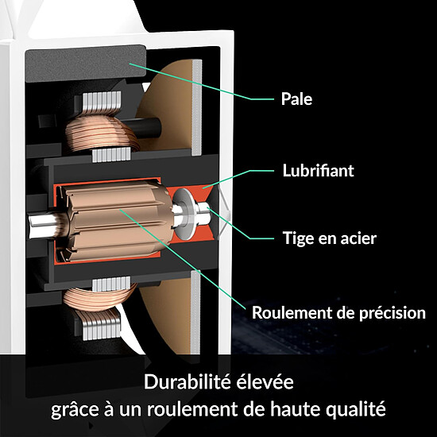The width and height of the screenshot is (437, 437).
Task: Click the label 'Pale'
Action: (x=296, y=99)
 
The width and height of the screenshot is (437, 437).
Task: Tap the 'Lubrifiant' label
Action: (x=318, y=170)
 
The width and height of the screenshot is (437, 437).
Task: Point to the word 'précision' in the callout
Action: (x=393, y=313)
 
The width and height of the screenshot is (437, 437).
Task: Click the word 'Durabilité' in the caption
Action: (x=187, y=381)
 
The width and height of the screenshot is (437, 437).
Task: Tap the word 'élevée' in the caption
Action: (x=265, y=381)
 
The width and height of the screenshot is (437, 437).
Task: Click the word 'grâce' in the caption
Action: (x=75, y=410)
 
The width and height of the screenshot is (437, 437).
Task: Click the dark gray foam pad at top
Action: (x=86, y=64)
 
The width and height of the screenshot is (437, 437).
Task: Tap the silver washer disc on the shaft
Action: (x=185, y=213)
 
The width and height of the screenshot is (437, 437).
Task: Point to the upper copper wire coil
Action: (x=101, y=133)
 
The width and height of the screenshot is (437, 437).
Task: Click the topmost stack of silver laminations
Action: (x=102, y=102)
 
